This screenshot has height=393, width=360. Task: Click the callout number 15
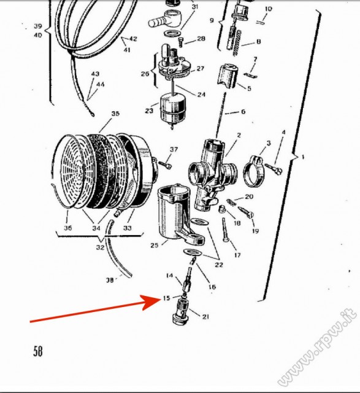tap(166, 298)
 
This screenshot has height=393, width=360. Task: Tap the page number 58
tap(38, 351)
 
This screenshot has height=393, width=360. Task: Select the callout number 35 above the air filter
tap(115, 114)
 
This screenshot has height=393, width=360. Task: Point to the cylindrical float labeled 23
tap(170, 109)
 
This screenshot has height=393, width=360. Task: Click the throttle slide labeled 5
tap(228, 76)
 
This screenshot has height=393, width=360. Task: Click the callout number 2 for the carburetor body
tap(239, 135)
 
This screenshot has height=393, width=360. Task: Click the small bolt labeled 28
tap(182, 42)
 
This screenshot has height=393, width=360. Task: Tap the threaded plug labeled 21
tap(182, 311)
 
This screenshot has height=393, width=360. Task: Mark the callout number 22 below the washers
tap(219, 265)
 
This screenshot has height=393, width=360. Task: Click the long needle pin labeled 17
tap(224, 230)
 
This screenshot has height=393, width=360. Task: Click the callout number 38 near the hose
tap(110, 280)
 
